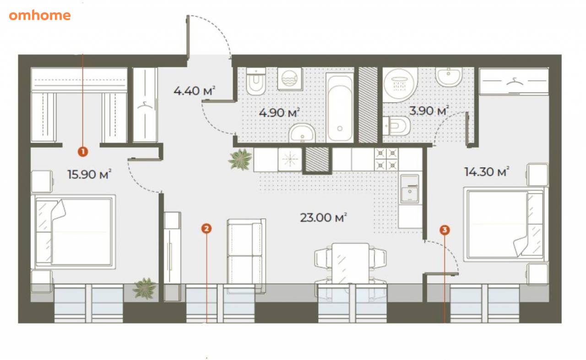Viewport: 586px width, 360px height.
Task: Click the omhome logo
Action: [x=40, y=16]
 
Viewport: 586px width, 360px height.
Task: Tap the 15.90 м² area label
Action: [x=89, y=174]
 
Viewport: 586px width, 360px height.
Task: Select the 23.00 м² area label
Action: [x=323, y=218]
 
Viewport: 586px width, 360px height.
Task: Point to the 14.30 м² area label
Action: [x=487, y=172]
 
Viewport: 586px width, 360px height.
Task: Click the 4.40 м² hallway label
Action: [x=195, y=91]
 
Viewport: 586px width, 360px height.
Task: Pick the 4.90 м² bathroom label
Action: [x=279, y=113]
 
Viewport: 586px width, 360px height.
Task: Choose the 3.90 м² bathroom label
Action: [x=429, y=110]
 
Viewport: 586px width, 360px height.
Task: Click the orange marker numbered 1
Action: [x=83, y=152]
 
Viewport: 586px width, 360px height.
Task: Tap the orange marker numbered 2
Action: [x=206, y=229]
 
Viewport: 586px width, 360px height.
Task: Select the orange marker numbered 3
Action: [x=445, y=230]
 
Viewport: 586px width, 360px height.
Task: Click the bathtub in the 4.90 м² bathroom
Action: [x=340, y=108]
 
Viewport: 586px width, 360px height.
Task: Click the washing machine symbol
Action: [x=290, y=78]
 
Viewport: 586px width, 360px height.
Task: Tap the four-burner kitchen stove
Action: [x=386, y=159]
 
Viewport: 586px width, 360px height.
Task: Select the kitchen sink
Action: [x=410, y=189]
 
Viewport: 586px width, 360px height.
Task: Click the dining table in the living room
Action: [x=350, y=263]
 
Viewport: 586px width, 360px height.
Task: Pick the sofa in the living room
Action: [x=246, y=256]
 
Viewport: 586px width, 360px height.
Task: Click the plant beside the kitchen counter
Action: [x=240, y=159]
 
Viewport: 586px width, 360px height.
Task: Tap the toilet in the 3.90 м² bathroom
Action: [x=396, y=126]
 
